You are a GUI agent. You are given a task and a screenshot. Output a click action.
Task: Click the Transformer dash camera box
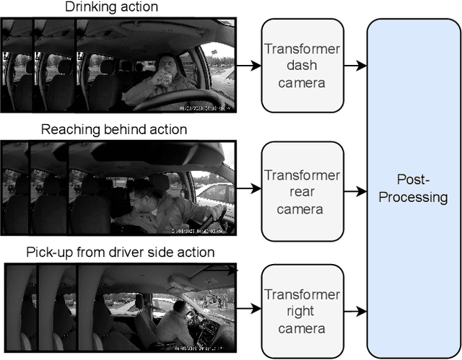tap(301, 66)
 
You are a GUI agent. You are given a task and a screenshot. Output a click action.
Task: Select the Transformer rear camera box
tap(301, 192)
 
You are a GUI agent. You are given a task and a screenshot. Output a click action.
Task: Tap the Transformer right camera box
tap(301, 312)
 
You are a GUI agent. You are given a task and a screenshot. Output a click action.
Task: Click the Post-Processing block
tap(413, 188)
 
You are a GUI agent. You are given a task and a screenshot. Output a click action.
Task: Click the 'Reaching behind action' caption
tap(114, 130)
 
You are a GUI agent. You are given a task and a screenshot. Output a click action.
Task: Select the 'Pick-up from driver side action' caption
tap(121, 253)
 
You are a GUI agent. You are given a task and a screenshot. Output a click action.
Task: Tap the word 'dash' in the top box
tap(301, 66)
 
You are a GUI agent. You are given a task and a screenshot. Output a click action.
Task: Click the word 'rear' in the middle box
tap(301, 193)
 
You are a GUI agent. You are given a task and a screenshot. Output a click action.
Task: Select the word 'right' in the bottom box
tap(301, 312)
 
